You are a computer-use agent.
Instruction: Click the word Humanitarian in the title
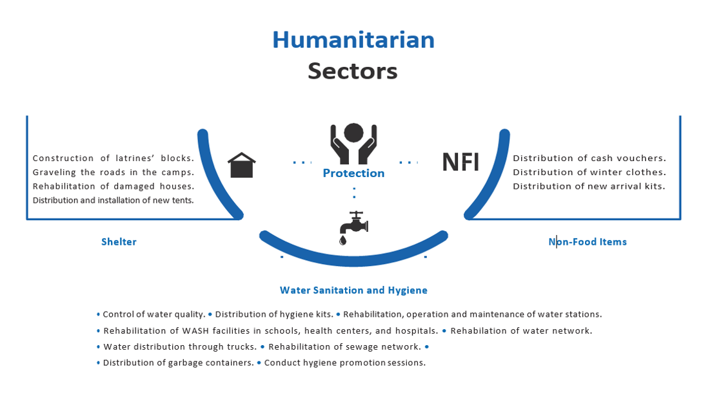pyautogui.click(x=353, y=40)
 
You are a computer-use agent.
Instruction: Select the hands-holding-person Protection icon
pyautogui.click(x=353, y=143)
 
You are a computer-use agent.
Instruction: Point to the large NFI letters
pyautogui.click(x=460, y=162)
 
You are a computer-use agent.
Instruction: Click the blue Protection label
pyautogui.click(x=353, y=173)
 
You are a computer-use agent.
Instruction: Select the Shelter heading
pyautogui.click(x=119, y=242)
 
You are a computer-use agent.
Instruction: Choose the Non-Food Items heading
pyautogui.click(x=588, y=242)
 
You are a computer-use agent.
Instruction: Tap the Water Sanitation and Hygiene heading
pyautogui.click(x=353, y=290)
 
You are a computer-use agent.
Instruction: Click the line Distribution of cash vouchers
pyautogui.click(x=589, y=158)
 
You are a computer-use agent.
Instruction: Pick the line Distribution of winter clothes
pyautogui.click(x=589, y=173)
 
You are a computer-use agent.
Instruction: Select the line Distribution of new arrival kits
pyautogui.click(x=589, y=187)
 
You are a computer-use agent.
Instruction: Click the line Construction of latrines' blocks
pyautogui.click(x=114, y=158)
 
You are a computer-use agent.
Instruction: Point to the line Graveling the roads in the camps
pyautogui.click(x=114, y=173)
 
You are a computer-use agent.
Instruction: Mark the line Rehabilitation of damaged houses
pyautogui.click(x=114, y=187)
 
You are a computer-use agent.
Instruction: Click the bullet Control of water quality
pyautogui.click(x=154, y=315)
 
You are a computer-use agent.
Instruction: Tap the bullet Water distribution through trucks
pyautogui.click(x=180, y=347)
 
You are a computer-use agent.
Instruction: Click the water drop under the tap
pyautogui.click(x=342, y=240)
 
